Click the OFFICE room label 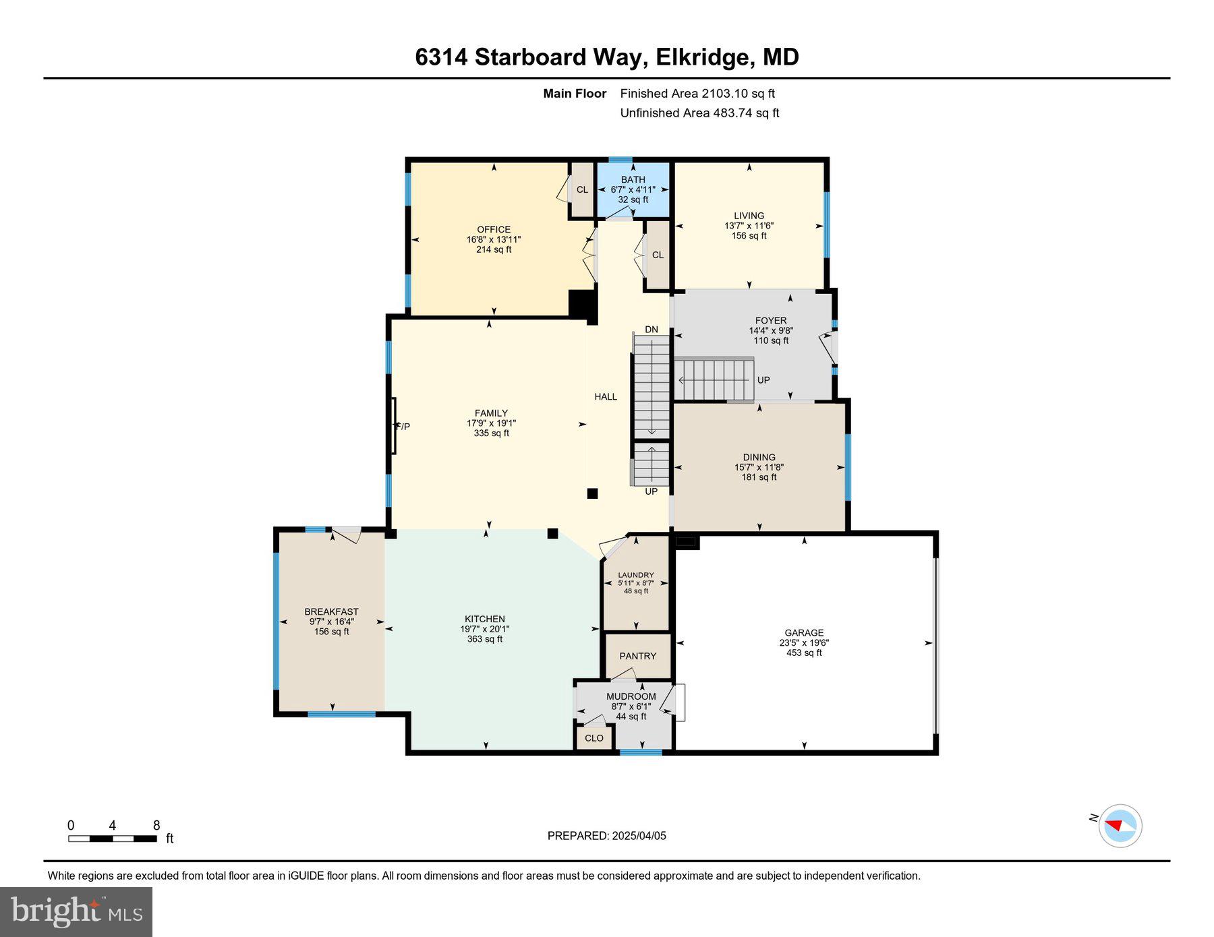[x=494, y=229]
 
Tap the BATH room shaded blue [x=633, y=190]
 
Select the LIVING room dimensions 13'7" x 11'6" [x=749, y=226]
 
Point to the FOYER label [x=771, y=320]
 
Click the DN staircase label [x=651, y=330]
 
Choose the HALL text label [x=606, y=396]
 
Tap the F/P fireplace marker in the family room [x=403, y=426]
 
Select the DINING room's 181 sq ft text [x=759, y=477]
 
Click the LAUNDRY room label [x=636, y=575]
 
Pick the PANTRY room [x=637, y=656]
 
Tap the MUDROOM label [x=631, y=696]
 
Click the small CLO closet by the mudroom [x=594, y=738]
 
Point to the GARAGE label [x=804, y=632]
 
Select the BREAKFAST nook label [x=331, y=611]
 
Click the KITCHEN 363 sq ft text [x=484, y=639]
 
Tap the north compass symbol [x=1120, y=825]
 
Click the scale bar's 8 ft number [x=156, y=825]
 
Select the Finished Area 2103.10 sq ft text [x=697, y=94]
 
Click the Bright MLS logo [x=76, y=912]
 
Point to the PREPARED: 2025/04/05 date [x=606, y=836]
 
